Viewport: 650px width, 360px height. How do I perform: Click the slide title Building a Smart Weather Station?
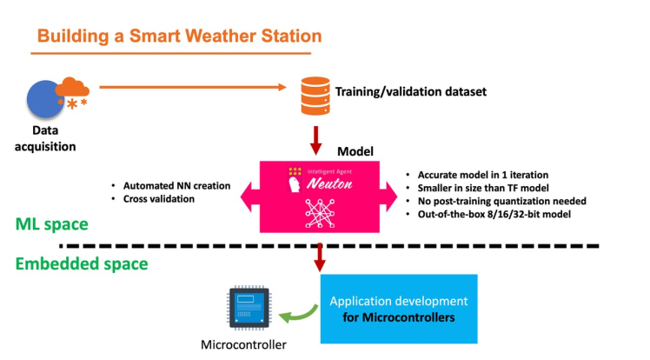tap(180, 37)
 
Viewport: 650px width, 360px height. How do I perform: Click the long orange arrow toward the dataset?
tap(192, 86)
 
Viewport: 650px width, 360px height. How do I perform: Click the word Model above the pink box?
tap(355, 150)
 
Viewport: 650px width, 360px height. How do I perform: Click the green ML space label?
tap(53, 224)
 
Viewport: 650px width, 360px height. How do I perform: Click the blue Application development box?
tap(398, 309)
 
